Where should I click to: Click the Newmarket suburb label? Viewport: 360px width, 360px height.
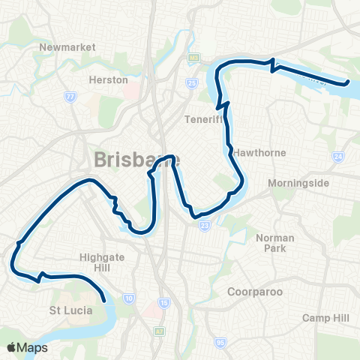tap(67, 46)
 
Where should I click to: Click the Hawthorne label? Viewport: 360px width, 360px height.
tap(259, 152)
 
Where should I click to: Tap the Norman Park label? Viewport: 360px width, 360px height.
tap(274, 242)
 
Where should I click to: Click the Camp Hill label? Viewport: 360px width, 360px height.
tap(326, 318)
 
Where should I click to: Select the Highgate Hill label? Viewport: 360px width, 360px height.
tap(98, 262)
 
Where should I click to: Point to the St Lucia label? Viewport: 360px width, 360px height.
tap(70, 310)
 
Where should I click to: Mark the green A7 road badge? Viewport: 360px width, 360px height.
tap(159, 331)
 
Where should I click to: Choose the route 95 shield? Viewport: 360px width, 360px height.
tap(220, 343)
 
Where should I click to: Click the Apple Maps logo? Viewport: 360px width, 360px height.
tap(27, 347)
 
